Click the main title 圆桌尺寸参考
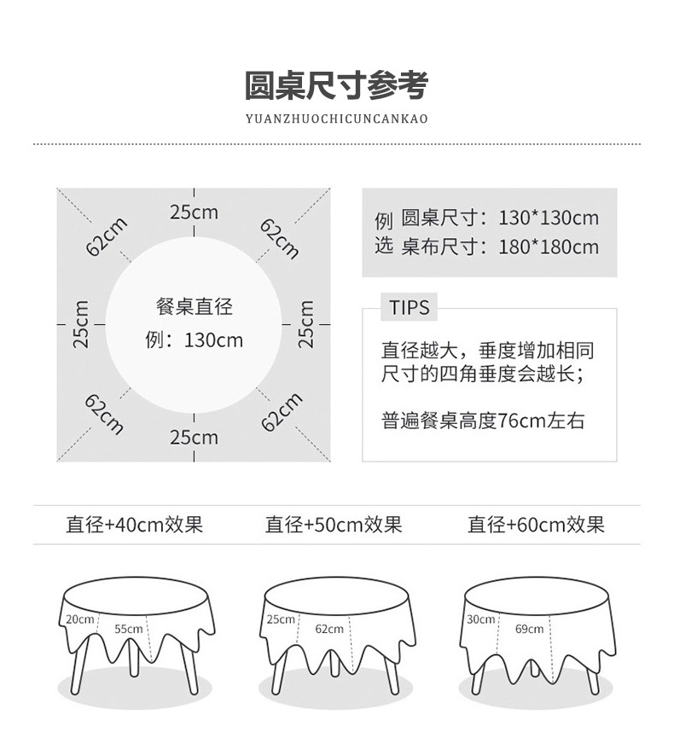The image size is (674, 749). click(336, 86)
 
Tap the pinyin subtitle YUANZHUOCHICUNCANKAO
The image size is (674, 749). click(336, 119)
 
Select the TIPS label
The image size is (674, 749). click(410, 308)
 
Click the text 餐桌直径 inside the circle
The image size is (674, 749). click(195, 306)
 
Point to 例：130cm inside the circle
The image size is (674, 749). click(195, 341)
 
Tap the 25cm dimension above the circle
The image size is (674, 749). click(194, 212)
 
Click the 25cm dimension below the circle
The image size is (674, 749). click(194, 438)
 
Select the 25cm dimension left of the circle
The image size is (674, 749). click(81, 324)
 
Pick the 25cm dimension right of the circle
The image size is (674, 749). click(307, 324)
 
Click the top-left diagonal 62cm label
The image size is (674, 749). click(107, 236)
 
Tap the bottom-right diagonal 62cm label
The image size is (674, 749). click(282, 413)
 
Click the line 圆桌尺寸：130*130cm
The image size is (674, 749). click(499, 218)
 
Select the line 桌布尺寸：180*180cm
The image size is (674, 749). click(499, 247)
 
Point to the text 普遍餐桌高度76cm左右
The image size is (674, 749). click(483, 421)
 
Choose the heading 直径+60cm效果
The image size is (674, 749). click(536, 525)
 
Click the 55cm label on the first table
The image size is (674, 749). click(128, 629)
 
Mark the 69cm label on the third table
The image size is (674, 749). click(529, 630)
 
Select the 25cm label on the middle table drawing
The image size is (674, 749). click(280, 618)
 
